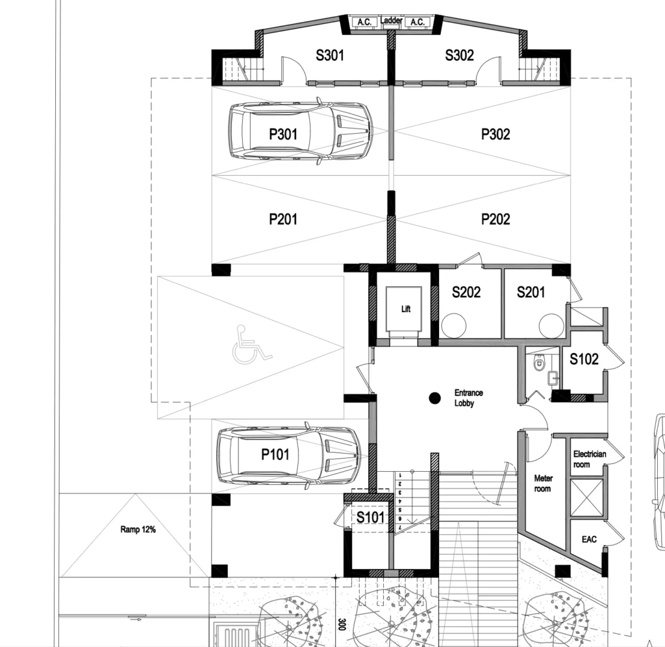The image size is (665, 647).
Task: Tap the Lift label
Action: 406,309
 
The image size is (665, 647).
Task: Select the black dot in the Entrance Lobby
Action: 434,398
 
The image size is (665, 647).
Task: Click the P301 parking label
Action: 283,134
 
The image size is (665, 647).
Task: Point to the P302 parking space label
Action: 496,134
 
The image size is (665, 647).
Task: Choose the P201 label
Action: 283,219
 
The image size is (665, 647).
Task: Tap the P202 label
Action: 496,219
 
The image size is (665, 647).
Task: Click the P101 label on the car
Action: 275,455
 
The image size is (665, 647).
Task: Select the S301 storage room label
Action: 329,55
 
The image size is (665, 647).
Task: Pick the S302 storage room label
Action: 459,55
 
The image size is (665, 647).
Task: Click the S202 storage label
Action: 466,292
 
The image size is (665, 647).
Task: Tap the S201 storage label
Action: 531,292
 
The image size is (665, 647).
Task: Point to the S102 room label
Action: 584,359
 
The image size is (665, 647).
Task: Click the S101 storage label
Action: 370,517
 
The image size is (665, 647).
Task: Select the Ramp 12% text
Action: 138,529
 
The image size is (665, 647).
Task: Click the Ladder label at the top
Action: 391,20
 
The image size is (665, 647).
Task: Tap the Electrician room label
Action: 590,459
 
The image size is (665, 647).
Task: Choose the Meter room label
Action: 543,483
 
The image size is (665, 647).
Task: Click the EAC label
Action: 589,539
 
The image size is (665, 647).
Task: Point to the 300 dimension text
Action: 342,624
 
